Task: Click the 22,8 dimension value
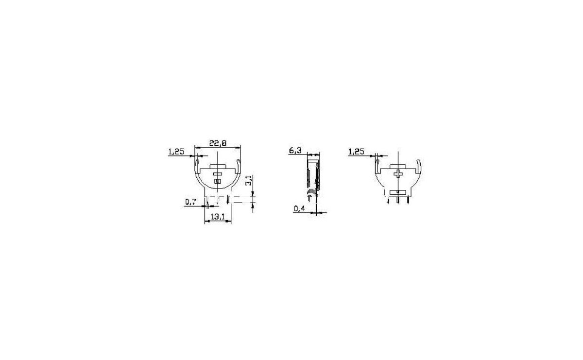point(218,143)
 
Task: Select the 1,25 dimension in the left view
point(176,152)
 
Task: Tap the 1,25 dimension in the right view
point(356,152)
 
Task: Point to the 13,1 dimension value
point(218,217)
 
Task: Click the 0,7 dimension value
point(190,202)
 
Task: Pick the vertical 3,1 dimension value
point(249,180)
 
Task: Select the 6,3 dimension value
point(295,151)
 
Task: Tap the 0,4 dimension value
point(299,208)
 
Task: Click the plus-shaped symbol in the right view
point(398,174)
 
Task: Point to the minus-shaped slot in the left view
point(217,174)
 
